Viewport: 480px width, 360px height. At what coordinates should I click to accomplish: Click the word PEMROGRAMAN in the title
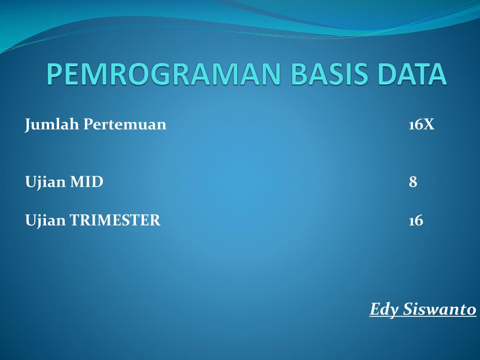[x=164, y=74]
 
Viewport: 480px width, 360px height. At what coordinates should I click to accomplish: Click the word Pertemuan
[x=125, y=124]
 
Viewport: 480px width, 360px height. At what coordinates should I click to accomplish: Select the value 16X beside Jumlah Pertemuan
[x=421, y=125]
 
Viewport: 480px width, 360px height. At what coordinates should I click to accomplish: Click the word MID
[x=87, y=182]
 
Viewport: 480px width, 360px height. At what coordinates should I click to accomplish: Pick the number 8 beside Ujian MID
[x=413, y=182]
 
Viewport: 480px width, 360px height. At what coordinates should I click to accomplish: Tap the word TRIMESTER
[x=115, y=220]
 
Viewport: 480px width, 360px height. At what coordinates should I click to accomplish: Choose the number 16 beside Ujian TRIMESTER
[x=416, y=220]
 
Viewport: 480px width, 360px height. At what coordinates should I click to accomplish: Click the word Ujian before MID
[x=45, y=182]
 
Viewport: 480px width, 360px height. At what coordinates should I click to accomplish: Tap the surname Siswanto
[x=440, y=309]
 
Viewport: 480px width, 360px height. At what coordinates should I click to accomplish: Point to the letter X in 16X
[x=428, y=125]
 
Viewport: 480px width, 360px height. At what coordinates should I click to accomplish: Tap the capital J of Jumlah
[x=28, y=125]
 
